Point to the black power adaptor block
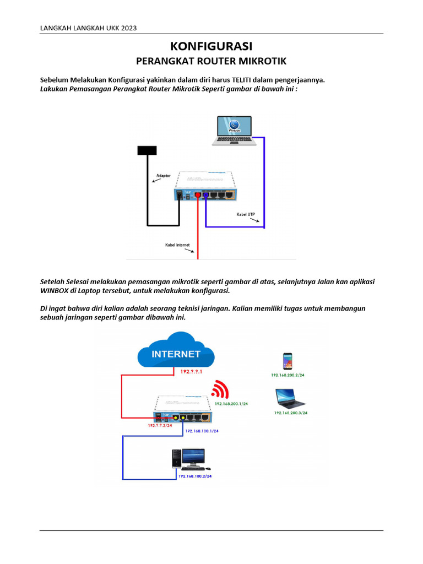[147, 150]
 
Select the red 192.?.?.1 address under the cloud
[192, 372]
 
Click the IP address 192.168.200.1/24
[231, 404]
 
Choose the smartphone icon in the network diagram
[288, 361]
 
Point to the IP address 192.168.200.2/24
[288, 375]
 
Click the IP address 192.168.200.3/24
[291, 413]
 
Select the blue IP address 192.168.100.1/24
[202, 431]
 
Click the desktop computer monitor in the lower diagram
[194, 457]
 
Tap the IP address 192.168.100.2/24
[194, 475]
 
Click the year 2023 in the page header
[128, 28]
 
